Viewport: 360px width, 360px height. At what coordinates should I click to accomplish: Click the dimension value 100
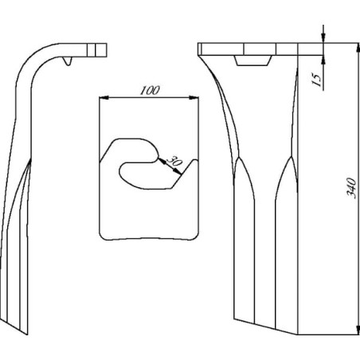point(150,90)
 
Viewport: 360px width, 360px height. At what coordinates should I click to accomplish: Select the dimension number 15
point(316,80)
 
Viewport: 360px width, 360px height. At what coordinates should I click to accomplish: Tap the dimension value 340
point(351,188)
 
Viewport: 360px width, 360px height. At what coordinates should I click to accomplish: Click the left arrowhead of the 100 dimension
point(104,98)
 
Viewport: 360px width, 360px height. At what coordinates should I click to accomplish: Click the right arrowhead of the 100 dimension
point(194,98)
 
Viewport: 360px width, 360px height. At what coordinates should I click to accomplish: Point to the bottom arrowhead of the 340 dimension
point(358,329)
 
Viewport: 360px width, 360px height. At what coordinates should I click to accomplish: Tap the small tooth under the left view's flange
point(68,61)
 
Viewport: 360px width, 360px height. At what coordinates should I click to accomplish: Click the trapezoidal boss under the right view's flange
point(253,61)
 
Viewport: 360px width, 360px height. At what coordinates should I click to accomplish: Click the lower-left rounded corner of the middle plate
point(103,236)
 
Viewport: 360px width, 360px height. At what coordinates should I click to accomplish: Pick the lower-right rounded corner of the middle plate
point(194,236)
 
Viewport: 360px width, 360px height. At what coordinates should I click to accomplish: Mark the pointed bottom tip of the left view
point(27,335)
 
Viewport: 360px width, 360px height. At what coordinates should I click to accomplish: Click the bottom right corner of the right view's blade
point(297,335)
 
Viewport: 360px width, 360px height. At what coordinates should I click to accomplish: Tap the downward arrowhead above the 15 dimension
point(323,37)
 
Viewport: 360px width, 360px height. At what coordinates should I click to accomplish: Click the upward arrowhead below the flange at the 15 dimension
point(323,60)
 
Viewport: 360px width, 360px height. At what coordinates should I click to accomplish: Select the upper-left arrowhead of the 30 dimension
point(161,161)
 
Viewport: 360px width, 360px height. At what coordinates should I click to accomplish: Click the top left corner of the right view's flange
point(198,43)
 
